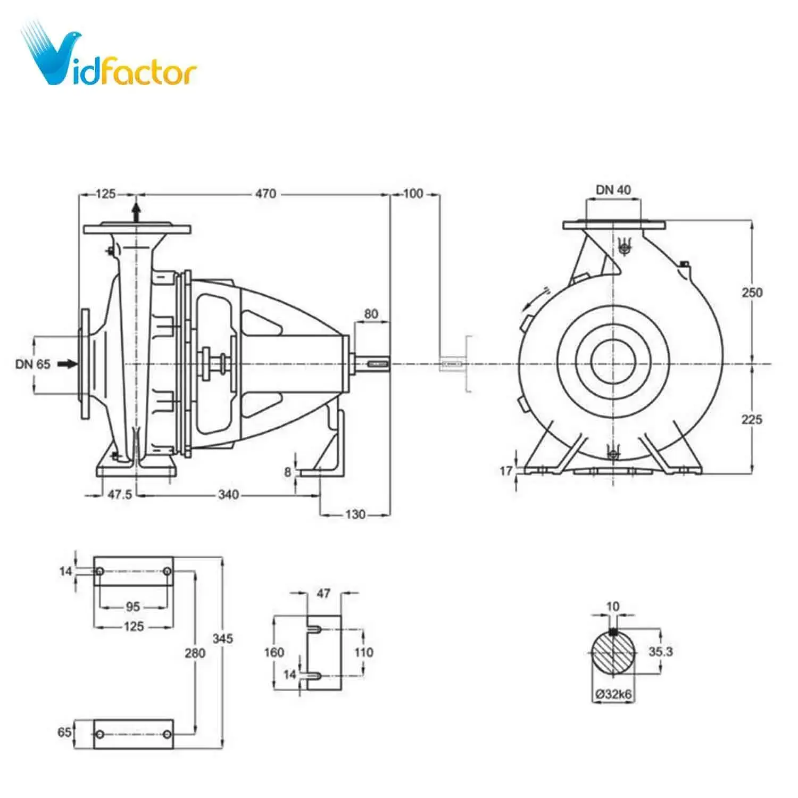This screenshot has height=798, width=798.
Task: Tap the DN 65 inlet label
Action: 33,364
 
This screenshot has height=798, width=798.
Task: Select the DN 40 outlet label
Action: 613,190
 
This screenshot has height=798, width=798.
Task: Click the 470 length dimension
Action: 265,194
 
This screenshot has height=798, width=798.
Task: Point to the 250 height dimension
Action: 752,292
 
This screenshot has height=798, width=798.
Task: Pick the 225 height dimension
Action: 752,419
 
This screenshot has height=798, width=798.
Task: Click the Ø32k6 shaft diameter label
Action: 613,694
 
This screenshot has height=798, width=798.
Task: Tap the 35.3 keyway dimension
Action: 660,651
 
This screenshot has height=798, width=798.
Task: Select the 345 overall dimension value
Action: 222,638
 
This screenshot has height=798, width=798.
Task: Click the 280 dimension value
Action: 195,652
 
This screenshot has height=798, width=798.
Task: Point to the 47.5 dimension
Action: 120,495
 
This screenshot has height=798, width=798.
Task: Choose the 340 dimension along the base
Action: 228,495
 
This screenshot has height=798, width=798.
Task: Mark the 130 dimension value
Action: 355,514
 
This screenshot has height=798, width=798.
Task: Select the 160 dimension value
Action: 274,652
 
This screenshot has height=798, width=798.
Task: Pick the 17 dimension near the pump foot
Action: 506,470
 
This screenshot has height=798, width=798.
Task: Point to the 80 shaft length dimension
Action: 371,314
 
